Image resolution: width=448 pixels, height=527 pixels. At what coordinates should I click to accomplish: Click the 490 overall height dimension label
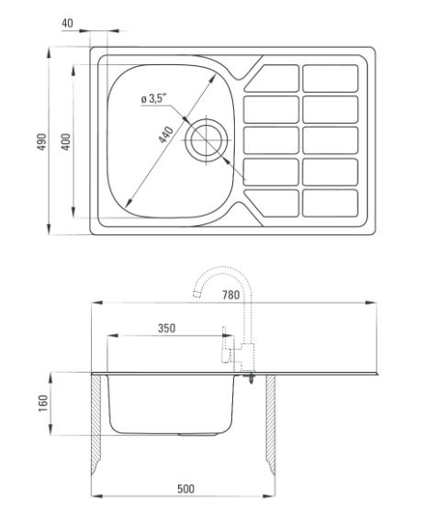pos(41,141)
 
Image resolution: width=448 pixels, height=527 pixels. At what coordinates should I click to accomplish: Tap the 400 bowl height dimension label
pos(66,141)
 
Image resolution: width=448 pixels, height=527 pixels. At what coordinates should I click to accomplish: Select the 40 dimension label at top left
pos(67,23)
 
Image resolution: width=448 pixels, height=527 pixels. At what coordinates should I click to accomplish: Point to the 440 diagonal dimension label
pos(166,134)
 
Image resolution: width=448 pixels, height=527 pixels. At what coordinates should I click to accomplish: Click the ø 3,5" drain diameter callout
pos(154,98)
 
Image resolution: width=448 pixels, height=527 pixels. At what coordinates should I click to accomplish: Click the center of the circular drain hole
pos(207,140)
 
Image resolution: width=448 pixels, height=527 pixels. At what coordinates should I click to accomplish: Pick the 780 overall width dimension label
pos(231,295)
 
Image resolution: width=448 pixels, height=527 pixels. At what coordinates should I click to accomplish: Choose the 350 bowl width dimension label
pos(167,328)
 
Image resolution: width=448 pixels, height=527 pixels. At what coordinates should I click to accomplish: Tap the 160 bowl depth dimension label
pos(43,404)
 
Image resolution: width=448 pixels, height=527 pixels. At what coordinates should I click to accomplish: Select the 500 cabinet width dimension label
pos(185,488)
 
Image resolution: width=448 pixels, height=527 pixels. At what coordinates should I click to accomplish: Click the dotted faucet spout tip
pos(197,295)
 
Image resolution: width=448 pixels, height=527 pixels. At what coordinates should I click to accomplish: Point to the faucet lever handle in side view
pos(225,344)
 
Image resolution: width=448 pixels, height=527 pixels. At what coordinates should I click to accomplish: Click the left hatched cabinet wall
pos(96,423)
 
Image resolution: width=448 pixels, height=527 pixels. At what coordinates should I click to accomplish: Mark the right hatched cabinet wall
pos(271,423)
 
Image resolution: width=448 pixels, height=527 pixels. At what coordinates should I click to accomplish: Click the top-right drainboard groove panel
pos(330,78)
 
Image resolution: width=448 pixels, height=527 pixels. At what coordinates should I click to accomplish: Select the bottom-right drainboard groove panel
pos(330,203)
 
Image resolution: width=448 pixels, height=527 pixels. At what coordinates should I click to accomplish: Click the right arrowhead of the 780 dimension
pos(371,303)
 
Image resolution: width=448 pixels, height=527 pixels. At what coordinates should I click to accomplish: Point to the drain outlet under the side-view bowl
pos(197,434)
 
